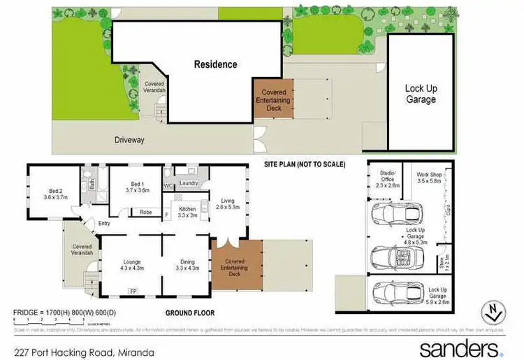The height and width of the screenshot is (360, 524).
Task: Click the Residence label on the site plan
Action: pos(215,64)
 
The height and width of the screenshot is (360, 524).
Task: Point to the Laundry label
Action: pos(189,183)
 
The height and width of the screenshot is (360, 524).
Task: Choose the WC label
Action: pos(168,185)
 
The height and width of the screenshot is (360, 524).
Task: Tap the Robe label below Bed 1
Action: pos(146,212)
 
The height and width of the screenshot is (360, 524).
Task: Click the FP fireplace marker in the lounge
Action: pos(132,290)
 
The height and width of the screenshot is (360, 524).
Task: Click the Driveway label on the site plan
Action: pos(129,140)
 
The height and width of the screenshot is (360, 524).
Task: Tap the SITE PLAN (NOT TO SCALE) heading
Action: pos(305,164)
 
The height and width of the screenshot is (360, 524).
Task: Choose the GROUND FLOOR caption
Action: pos(191,313)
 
